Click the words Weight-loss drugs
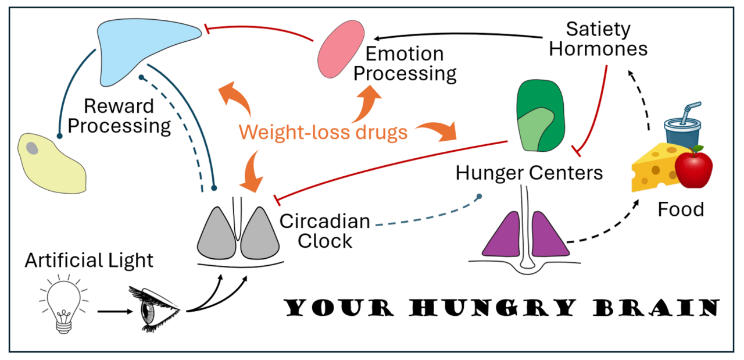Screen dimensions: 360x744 (323, 133)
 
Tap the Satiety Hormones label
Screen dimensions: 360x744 (598, 38)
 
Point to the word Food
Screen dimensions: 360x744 (681, 209)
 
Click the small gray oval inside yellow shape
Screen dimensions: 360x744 (33, 149)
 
